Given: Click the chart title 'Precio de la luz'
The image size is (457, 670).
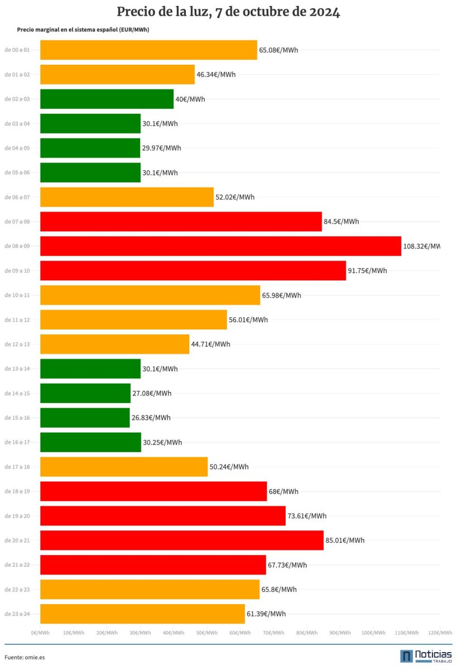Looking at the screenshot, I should click(228, 12).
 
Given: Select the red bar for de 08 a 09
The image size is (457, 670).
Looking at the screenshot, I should click(220, 246).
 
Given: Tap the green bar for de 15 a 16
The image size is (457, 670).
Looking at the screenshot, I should click(85, 418).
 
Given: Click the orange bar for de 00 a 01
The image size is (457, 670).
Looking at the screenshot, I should click(148, 50).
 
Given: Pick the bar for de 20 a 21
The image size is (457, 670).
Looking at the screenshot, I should click(182, 540).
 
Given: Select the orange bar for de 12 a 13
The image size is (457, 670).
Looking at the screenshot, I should click(114, 344).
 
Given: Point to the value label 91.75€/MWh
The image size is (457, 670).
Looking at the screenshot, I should click(367, 271).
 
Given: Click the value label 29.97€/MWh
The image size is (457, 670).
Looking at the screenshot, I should click(161, 148).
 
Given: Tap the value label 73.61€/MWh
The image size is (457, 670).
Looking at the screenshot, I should click(307, 516).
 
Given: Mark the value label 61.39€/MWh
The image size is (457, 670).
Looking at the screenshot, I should click(266, 614).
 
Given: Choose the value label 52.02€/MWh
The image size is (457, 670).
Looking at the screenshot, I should click(235, 197).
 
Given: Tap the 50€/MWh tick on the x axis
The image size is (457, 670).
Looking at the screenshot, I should click(207, 633).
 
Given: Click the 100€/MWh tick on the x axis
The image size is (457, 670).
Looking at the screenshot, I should click(373, 633).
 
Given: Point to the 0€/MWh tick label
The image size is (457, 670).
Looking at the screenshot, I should click(40, 633).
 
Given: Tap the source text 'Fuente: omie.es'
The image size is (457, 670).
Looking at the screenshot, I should click(25, 657).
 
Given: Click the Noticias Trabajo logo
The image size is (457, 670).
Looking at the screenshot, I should click(426, 656).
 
